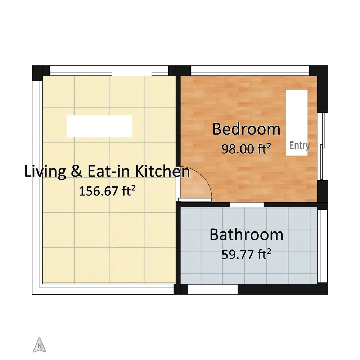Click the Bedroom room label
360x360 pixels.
pos(246,129)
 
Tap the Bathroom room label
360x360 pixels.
pos(246,235)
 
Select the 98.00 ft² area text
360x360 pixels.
pos(246,149)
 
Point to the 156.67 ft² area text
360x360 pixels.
pos(107,191)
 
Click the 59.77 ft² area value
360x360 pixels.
pos(246,254)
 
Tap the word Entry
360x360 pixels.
pos(300,145)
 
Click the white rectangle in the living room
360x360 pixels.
pos(99,126)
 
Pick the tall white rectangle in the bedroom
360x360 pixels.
pos(297,123)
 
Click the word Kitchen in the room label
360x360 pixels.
pos(163,171)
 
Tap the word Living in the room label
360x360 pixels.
pos(45,171)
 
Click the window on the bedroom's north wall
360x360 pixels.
pos(250,71)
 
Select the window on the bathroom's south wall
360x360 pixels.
pos(213,289)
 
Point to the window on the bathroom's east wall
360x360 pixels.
pos(322,246)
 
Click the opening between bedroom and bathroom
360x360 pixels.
pos(247,204)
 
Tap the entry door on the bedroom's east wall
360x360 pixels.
pos(323,146)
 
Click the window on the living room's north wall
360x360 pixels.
pos(109,71)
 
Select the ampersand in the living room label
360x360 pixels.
pos(76,171)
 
